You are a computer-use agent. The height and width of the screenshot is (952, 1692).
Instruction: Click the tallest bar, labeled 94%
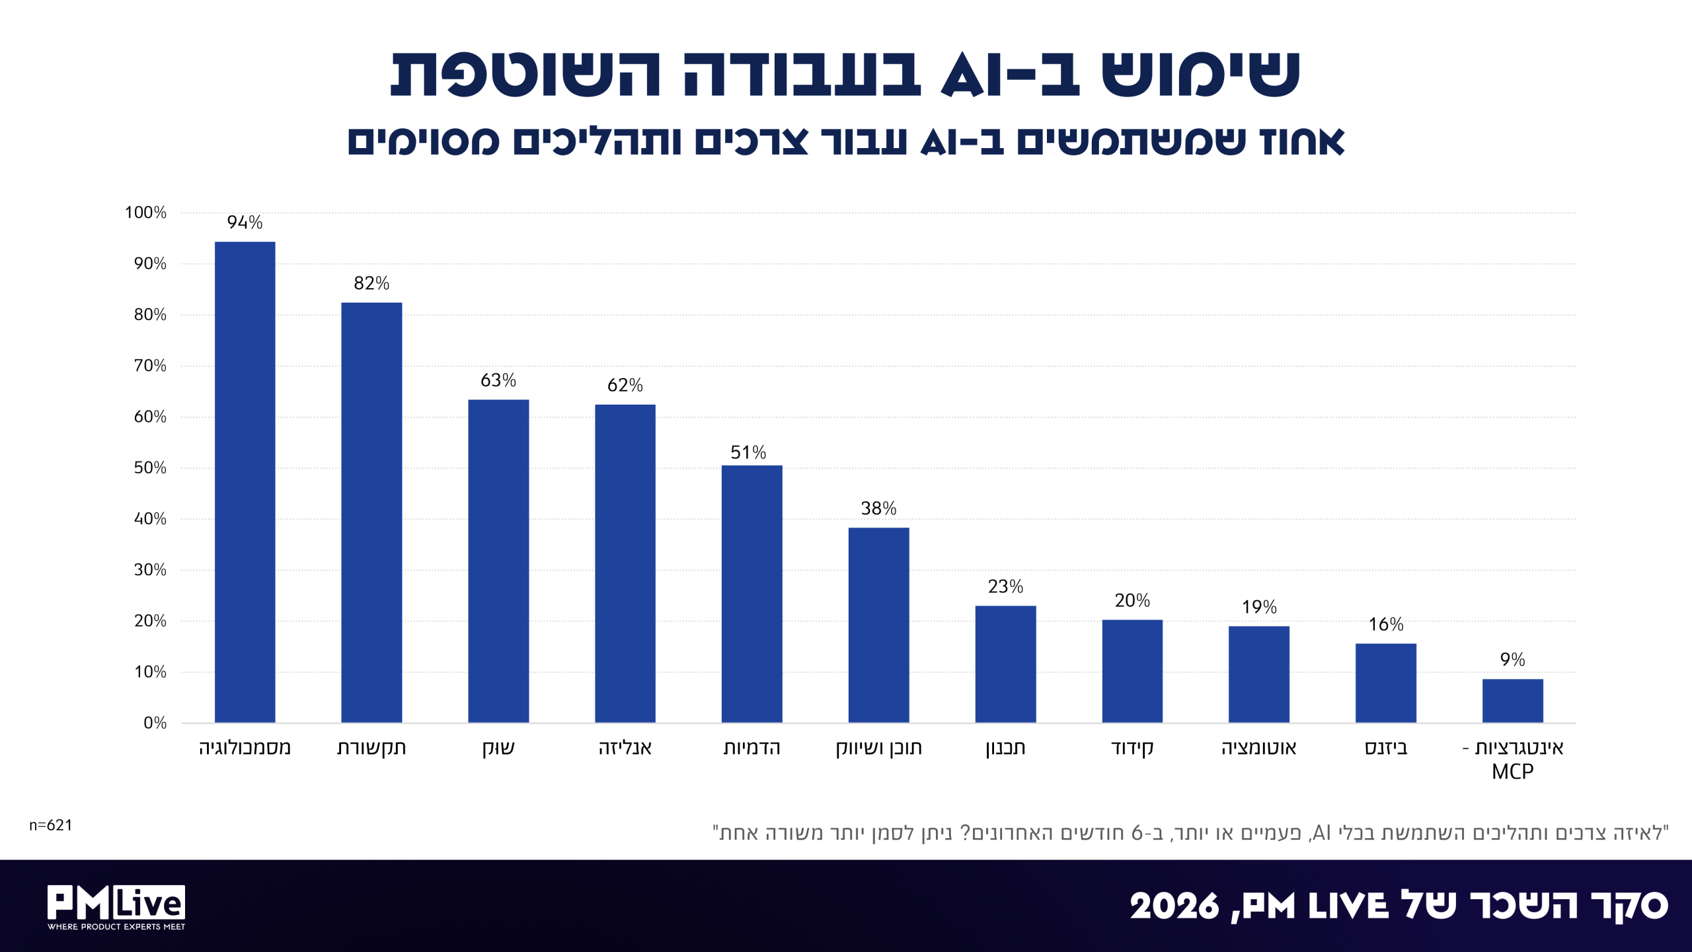pyautogui.click(x=245, y=482)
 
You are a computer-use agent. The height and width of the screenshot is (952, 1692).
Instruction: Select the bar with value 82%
pyautogui.click(x=371, y=512)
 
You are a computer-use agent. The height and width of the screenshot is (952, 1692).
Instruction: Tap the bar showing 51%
pyautogui.click(x=751, y=594)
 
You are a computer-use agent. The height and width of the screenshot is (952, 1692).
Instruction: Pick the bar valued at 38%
pyautogui.click(x=878, y=625)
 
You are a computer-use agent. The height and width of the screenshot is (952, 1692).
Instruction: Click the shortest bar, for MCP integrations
pyautogui.click(x=1513, y=701)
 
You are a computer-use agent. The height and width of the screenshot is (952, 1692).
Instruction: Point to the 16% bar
pyautogui.click(x=1386, y=683)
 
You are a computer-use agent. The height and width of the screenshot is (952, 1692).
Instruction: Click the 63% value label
pyautogui.click(x=498, y=380)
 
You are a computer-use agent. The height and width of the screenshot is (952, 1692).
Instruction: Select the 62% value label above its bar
pyautogui.click(x=625, y=385)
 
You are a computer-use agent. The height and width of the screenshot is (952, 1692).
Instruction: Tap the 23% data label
pyautogui.click(x=1005, y=586)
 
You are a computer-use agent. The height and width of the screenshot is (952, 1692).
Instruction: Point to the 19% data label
pyautogui.click(x=1259, y=607)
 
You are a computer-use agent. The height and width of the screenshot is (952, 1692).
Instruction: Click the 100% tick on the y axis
pyautogui.click(x=145, y=212)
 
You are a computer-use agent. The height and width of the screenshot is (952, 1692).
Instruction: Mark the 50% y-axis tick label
pyautogui.click(x=150, y=467)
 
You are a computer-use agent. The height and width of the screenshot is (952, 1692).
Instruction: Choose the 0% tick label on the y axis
pyautogui.click(x=155, y=723)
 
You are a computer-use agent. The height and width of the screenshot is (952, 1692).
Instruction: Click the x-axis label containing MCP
pyautogui.click(x=1513, y=759)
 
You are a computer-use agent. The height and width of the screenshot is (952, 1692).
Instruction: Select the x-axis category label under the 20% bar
pyautogui.click(x=1132, y=748)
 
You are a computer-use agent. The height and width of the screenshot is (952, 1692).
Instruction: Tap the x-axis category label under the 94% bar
pyautogui.click(x=245, y=748)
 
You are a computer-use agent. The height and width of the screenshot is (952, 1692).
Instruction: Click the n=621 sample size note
pyautogui.click(x=50, y=825)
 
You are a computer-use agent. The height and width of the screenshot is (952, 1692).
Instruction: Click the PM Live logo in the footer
pyautogui.click(x=116, y=907)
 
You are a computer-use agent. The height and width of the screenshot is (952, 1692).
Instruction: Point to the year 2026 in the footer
pyautogui.click(x=1174, y=906)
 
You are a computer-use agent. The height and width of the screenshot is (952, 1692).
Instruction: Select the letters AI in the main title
pyautogui.click(x=964, y=74)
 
